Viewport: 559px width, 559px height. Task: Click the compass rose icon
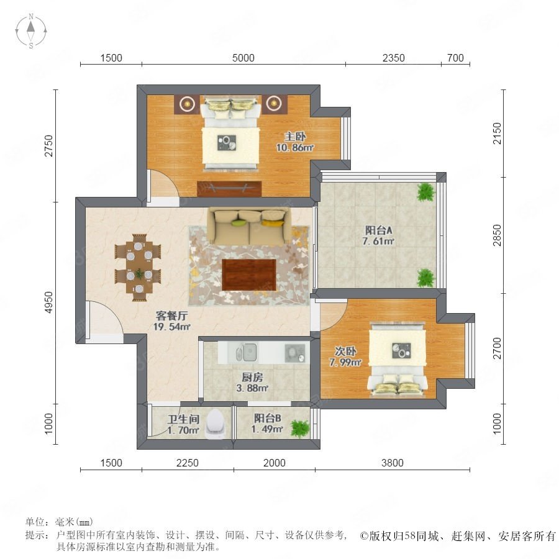click(31, 30)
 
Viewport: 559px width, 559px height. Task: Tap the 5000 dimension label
click(243, 58)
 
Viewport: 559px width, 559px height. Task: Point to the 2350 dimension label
click(393, 58)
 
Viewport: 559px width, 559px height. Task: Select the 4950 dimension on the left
click(48, 302)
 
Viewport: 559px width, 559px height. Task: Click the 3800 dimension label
click(392, 463)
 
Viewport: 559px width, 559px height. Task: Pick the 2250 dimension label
click(187, 463)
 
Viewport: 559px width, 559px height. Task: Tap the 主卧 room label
click(295, 137)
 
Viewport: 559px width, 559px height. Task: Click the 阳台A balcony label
click(378, 230)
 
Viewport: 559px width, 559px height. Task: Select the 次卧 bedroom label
click(345, 351)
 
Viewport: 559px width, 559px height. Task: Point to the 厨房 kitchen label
click(252, 377)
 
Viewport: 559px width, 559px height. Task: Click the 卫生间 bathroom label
click(184, 419)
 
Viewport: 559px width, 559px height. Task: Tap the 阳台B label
click(267, 418)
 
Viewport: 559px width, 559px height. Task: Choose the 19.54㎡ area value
click(171, 327)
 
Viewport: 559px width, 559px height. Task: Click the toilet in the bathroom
click(216, 423)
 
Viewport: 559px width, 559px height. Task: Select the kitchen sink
click(245, 352)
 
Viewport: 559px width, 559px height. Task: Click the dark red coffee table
click(249, 275)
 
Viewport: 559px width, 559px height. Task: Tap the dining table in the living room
click(139, 267)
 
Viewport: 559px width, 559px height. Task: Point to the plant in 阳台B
click(300, 429)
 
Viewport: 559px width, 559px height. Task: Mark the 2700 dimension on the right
click(497, 348)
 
